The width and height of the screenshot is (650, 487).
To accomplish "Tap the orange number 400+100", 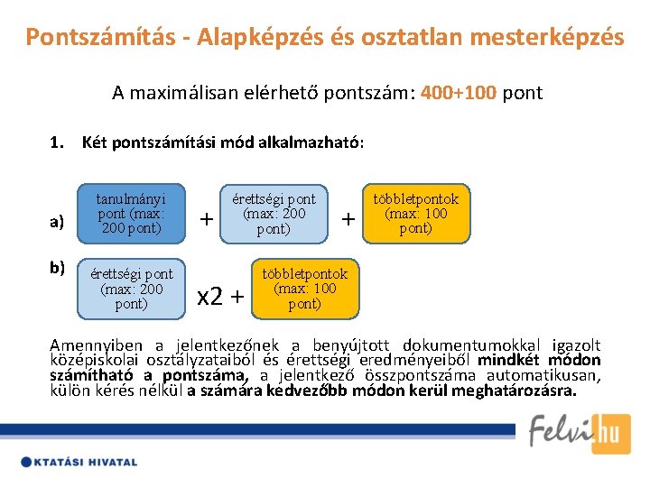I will tap(459, 93).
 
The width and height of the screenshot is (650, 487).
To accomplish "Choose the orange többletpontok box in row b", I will tap(304, 289).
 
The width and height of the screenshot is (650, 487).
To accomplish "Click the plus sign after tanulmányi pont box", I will tap(207, 219).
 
